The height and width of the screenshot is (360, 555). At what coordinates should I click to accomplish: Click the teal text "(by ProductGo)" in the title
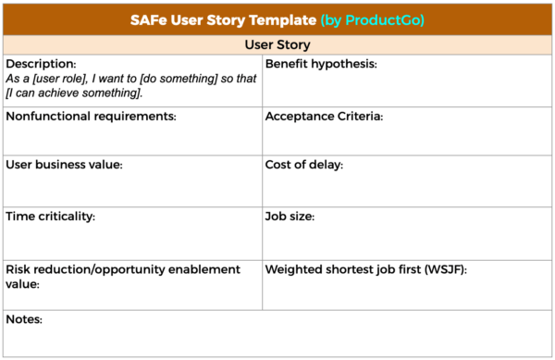[x=373, y=19]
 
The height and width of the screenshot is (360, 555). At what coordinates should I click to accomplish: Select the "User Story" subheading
[x=277, y=44]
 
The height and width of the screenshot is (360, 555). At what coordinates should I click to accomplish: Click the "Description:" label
[x=41, y=64]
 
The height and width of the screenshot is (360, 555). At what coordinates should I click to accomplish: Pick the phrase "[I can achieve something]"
[x=74, y=93]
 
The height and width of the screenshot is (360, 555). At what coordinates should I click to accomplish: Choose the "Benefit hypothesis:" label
[x=321, y=64]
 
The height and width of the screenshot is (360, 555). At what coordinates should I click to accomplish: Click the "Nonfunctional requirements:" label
[x=91, y=117]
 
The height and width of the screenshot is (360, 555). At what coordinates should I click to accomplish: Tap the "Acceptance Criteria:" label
[x=324, y=117]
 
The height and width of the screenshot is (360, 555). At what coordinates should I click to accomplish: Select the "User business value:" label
[x=64, y=165]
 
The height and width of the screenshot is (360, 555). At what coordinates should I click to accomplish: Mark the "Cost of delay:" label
[x=304, y=165]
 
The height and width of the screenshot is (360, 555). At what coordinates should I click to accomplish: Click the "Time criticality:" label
[x=51, y=217]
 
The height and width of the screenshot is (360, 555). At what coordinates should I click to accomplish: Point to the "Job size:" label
[x=290, y=217]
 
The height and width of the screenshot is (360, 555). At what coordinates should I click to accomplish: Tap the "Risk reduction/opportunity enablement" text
[x=122, y=269]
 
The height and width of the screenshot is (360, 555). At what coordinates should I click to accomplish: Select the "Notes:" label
[x=24, y=320]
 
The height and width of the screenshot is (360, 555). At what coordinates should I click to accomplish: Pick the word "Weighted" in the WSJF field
[x=294, y=269]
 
